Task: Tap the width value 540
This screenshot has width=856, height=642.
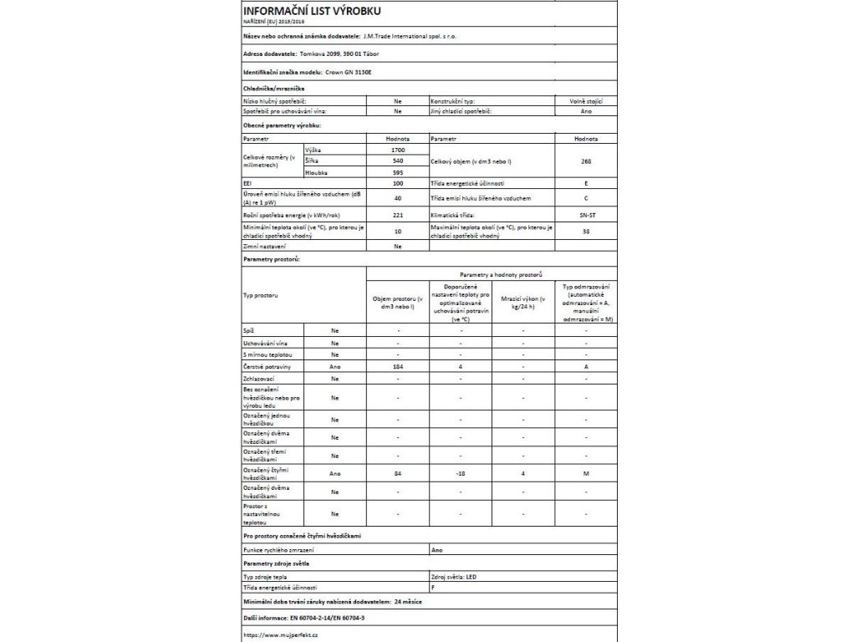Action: point(397,160)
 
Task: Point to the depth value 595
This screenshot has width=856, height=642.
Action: point(397,171)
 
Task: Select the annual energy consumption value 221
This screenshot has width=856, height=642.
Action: point(397,214)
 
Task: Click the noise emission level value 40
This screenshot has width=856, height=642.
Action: point(397,198)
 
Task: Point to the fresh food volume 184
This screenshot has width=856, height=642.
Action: point(397,366)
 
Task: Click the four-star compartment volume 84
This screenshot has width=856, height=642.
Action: point(397,474)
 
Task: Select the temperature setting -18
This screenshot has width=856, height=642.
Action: point(461,474)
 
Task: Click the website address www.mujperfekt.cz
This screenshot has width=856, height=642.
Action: point(282,635)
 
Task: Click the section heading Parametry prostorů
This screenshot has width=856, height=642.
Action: point(271,260)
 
